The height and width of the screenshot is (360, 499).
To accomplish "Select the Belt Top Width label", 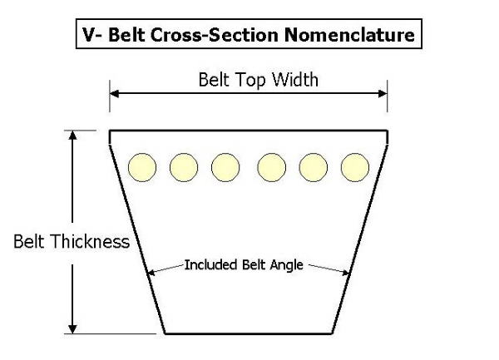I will pyautogui.click(x=247, y=80).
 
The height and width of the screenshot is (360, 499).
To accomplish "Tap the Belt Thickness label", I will pyautogui.click(x=72, y=242).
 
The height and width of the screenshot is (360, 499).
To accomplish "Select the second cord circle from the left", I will pyautogui.click(x=183, y=167).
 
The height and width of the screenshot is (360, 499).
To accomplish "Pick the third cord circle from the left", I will pyautogui.click(x=225, y=167).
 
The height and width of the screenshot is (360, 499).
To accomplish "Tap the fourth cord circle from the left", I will pyautogui.click(x=271, y=167).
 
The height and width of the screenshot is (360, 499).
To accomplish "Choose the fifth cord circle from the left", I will pyautogui.click(x=314, y=167).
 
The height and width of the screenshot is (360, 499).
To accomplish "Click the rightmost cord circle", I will pyautogui.click(x=355, y=167).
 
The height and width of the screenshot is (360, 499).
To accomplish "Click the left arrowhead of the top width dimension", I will pyautogui.click(x=115, y=94).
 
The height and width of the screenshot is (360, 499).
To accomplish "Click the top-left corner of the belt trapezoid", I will pyautogui.click(x=111, y=131).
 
